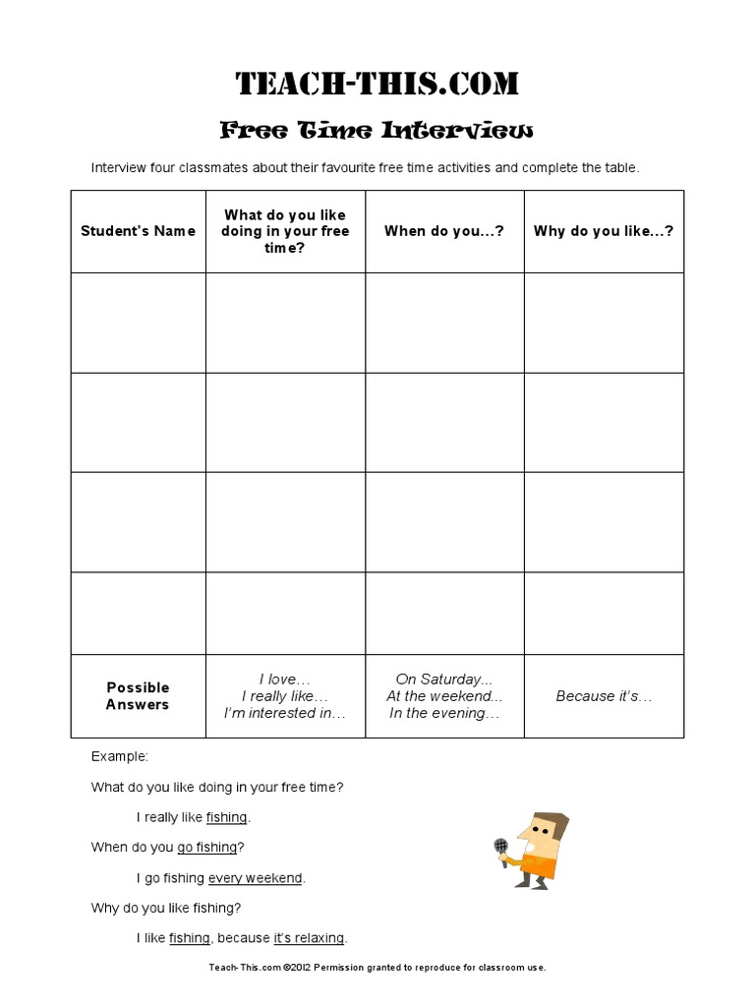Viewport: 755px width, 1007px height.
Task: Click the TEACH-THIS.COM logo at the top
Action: pyautogui.click(x=377, y=84)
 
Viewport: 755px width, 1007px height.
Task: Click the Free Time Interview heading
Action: pyautogui.click(x=377, y=130)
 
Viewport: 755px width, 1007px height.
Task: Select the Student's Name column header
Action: pyautogui.click(x=138, y=231)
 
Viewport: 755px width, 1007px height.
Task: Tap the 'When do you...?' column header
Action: pyautogui.click(x=444, y=231)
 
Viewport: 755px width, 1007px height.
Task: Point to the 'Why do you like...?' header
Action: pyautogui.click(x=604, y=231)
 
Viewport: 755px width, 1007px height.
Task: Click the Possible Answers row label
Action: pyautogui.click(x=138, y=695)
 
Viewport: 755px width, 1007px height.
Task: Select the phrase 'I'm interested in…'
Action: pyautogui.click(x=285, y=713)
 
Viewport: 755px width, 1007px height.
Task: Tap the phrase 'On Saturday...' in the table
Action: pyautogui.click(x=444, y=679)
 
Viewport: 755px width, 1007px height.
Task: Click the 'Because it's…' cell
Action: pyautogui.click(x=604, y=696)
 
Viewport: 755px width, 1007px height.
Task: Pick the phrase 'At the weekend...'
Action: pyautogui.click(x=444, y=696)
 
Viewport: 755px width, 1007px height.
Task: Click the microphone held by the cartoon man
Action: pyautogui.click(x=500, y=845)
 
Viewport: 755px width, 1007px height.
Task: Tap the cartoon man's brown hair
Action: pyautogui.click(x=550, y=822)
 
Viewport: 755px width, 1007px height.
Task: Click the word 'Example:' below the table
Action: pyautogui.click(x=120, y=756)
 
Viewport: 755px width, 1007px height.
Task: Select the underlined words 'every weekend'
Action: pyautogui.click(x=256, y=877)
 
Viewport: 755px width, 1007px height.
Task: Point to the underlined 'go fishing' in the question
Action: pyautogui.click(x=207, y=847)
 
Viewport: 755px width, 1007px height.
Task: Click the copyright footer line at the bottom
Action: pyautogui.click(x=377, y=968)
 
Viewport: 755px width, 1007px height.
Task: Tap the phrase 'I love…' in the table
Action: pyautogui.click(x=285, y=679)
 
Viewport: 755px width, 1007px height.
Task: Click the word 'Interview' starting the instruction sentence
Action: pyautogui.click(x=119, y=167)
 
